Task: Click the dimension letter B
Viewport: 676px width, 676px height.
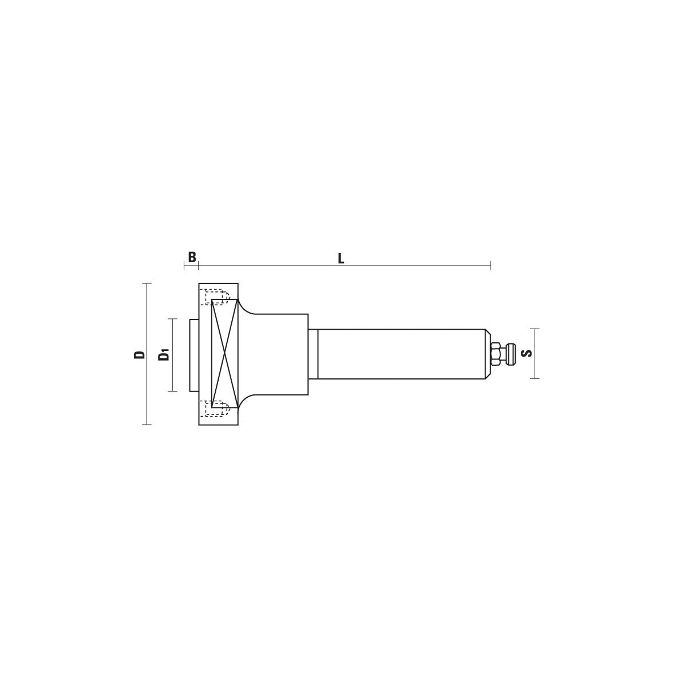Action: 192,257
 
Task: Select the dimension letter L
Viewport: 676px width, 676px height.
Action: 341,259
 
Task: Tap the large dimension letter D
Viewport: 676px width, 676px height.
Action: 139,354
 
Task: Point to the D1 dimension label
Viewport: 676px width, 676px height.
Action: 164,355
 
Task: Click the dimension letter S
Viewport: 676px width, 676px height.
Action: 527,354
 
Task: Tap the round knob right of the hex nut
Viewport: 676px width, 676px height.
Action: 511,354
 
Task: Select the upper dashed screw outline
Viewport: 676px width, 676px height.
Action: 217,296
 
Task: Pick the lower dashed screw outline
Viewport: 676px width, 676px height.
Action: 217,408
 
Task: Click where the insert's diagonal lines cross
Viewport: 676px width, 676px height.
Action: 224,354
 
